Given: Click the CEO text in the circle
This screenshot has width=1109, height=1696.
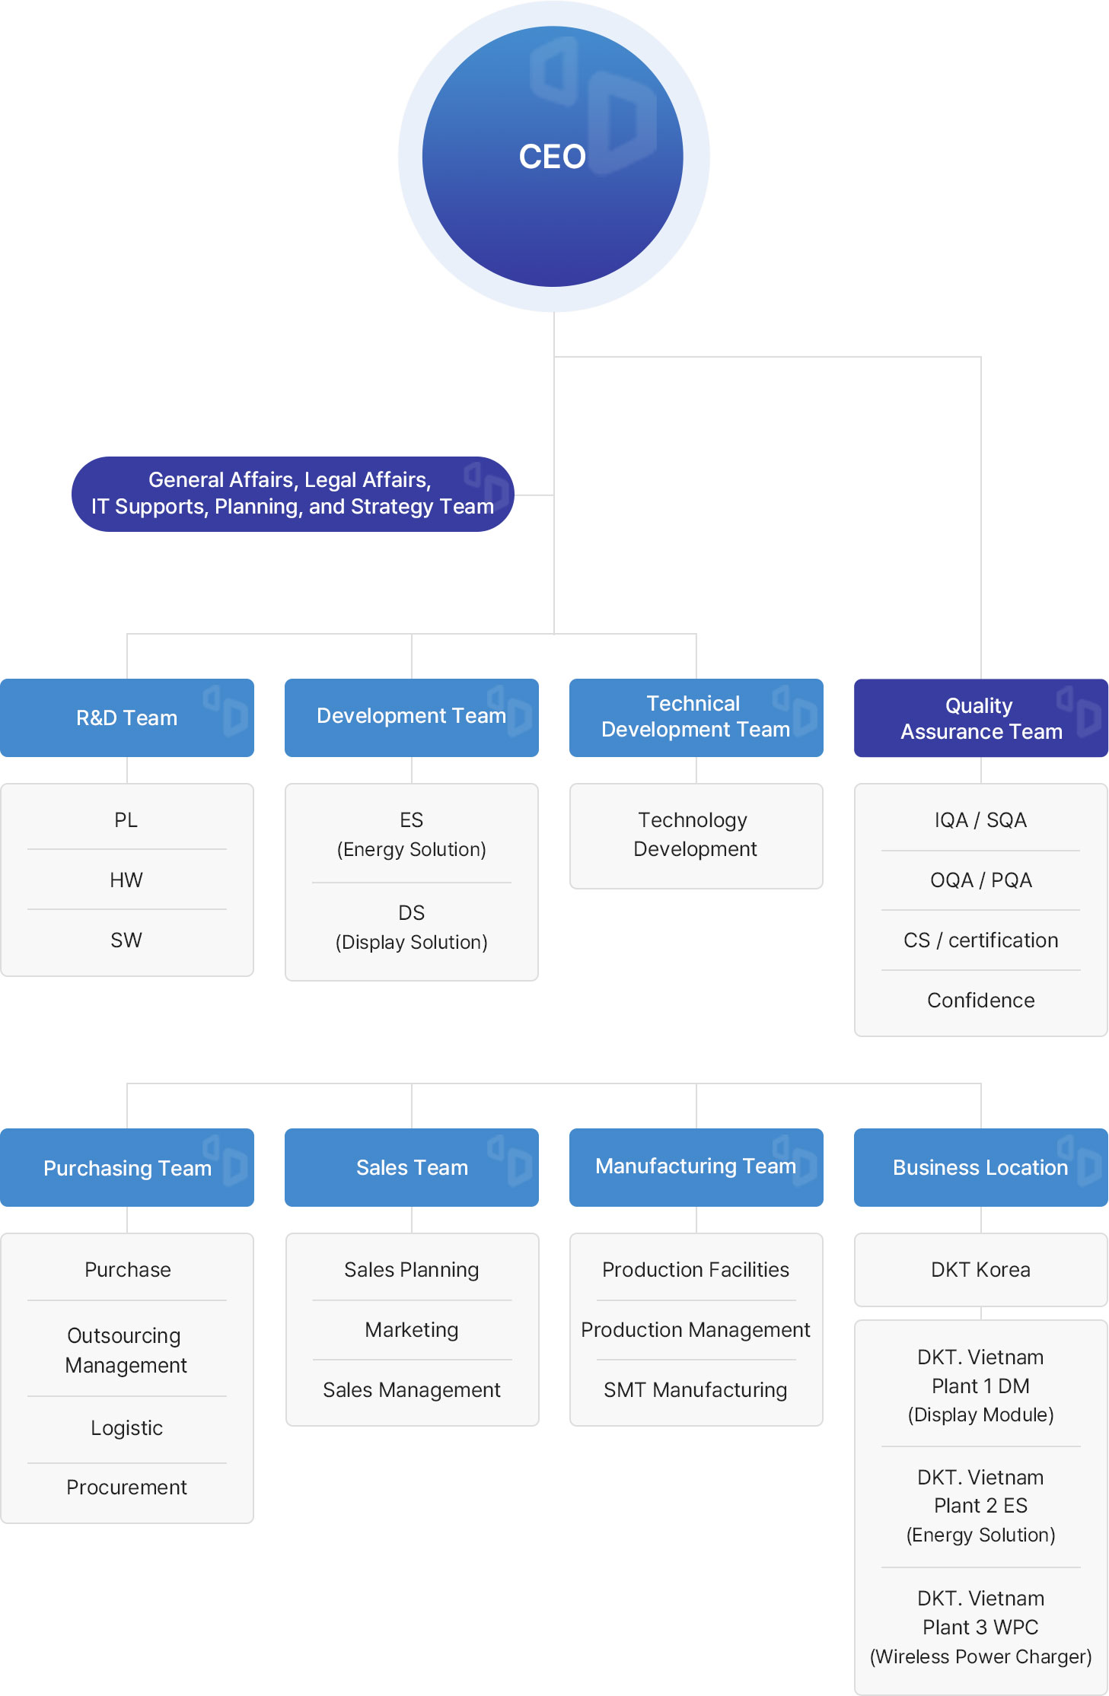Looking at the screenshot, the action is click(x=552, y=157).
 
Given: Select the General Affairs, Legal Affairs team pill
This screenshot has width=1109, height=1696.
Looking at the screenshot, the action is click(x=293, y=494).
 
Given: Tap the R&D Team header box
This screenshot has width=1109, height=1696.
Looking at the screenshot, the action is click(x=127, y=718).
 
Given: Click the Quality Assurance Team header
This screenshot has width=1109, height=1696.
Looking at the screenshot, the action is click(x=981, y=718).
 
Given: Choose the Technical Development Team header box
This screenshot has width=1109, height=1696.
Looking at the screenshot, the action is click(x=696, y=718).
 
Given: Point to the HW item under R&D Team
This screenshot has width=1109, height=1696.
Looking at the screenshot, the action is click(x=126, y=880).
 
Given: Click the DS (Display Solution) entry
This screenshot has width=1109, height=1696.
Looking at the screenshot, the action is click(x=412, y=927).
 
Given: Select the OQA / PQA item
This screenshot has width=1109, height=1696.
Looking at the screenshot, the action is click(x=981, y=880).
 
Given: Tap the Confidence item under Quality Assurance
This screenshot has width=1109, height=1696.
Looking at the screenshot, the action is click(x=981, y=1000).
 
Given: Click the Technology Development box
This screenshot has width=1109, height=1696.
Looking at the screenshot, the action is click(x=696, y=835).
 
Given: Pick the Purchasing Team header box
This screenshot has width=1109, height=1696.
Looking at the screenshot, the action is click(x=127, y=1167).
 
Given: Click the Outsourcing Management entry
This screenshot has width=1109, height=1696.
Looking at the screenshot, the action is click(x=126, y=1350).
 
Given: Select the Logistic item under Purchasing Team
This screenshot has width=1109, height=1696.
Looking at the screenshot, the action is click(x=127, y=1427).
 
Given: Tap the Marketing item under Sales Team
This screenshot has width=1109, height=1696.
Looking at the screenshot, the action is click(x=412, y=1329).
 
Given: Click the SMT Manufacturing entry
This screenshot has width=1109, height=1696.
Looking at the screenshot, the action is click(x=696, y=1389).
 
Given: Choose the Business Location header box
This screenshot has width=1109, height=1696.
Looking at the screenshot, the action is click(x=981, y=1167).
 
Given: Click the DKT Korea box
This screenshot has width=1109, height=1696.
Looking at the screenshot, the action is click(x=981, y=1269).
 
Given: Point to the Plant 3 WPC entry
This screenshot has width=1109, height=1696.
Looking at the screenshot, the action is click(x=981, y=1627).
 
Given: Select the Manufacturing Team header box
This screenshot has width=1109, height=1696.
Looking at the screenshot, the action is click(x=696, y=1167).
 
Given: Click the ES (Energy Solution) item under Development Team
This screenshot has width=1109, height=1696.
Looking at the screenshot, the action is click(x=412, y=834).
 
